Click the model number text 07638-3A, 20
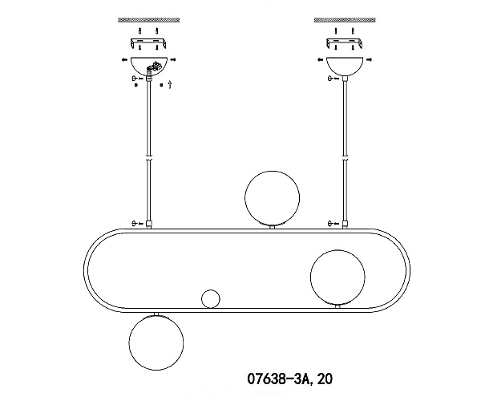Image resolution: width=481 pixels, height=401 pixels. click(289, 379)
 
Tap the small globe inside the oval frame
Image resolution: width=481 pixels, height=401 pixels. click(211, 298)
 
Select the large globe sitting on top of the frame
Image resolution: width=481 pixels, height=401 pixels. click(272, 198)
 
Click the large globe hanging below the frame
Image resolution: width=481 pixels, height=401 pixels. click(156, 342)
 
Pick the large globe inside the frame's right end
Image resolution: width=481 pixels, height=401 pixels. click(338, 277)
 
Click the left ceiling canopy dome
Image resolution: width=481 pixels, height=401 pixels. click(149, 66)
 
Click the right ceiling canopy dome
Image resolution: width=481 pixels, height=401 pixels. click(345, 66)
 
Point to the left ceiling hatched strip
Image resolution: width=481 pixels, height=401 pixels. click(149, 20)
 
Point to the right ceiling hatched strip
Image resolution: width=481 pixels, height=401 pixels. click(345, 20)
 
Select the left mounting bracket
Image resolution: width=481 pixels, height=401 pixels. click(149, 43)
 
